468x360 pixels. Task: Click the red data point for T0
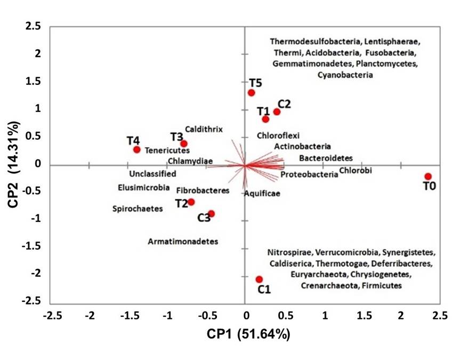click(x=427, y=177)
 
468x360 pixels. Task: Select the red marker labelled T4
click(x=137, y=149)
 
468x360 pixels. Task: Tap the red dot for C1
click(x=259, y=279)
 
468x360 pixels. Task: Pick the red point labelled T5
click(x=252, y=93)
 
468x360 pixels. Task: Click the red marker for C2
click(x=277, y=111)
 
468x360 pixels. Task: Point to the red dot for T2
click(x=191, y=202)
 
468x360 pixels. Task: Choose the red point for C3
click(x=211, y=213)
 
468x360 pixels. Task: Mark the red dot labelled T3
click(x=184, y=143)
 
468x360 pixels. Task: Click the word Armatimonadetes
click(x=183, y=242)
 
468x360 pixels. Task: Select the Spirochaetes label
click(x=138, y=209)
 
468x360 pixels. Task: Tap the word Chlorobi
click(x=356, y=171)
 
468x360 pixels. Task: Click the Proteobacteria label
click(x=309, y=175)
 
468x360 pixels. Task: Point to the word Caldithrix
click(x=204, y=129)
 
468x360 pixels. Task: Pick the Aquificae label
click(x=262, y=193)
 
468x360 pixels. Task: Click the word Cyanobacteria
click(x=345, y=75)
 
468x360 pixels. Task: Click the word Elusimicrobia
click(x=144, y=188)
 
